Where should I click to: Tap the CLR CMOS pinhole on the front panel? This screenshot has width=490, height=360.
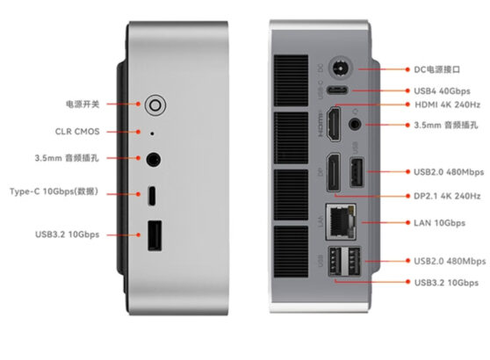154,133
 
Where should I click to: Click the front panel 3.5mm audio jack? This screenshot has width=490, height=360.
155,160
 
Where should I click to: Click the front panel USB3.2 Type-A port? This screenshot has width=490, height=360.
154,235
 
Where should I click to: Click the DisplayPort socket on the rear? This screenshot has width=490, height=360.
334,170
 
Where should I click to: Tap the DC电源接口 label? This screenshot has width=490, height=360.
439,68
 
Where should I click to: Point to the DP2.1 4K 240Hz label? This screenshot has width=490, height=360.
447,196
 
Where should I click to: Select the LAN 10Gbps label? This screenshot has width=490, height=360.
439,223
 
